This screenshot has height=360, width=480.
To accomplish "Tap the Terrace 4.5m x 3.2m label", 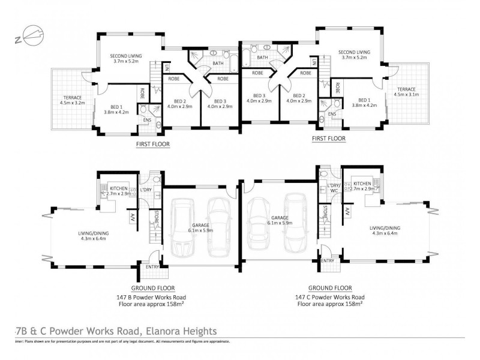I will pyautogui.click(x=71, y=100).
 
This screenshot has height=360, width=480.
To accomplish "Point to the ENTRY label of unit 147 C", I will pyautogui.click(x=328, y=260).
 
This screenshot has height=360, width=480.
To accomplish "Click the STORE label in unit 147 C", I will pyautogui.click(x=325, y=211).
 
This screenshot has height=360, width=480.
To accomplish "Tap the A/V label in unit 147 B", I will pyautogui.click(x=133, y=218).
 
